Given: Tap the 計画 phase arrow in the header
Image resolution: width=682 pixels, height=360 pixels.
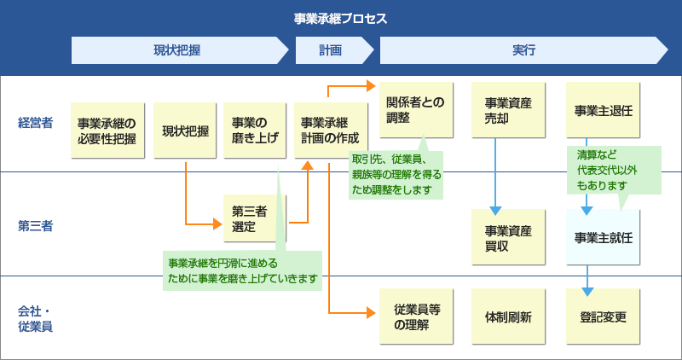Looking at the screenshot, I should point(329,51).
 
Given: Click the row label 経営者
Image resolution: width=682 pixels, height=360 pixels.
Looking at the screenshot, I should point(35,123).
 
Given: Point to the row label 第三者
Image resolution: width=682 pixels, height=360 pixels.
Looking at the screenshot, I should point(35,226).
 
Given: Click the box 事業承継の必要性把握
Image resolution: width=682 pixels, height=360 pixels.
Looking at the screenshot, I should point(107,131).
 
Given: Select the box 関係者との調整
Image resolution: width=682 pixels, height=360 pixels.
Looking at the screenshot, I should point(416,110).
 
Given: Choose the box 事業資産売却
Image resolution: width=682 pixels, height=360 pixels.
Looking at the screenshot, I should point(508,110).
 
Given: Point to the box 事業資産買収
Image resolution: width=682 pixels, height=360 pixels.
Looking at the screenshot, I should point(508,238).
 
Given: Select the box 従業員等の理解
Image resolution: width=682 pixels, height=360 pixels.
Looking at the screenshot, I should point(416,317).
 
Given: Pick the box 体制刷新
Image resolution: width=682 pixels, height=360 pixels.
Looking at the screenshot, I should point(508,317).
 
